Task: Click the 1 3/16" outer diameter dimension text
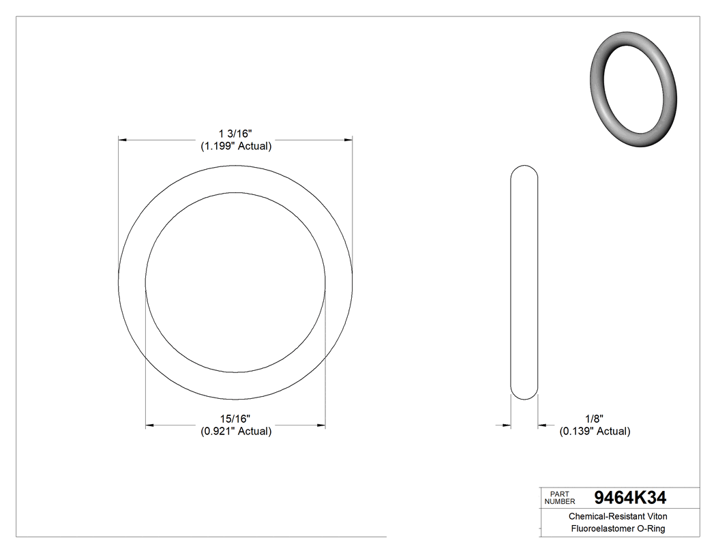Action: tap(235, 132)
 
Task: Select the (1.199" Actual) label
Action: tap(235, 146)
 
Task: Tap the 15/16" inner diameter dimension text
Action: tap(235, 418)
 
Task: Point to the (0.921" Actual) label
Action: tap(235, 431)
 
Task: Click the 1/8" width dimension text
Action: tap(594, 418)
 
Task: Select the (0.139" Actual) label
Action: tap(594, 431)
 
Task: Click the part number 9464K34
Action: tap(630, 497)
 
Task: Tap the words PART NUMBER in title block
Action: tap(560, 498)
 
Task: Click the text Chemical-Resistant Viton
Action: tap(618, 516)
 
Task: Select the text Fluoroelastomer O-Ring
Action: tap(618, 529)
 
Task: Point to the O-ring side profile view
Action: tap(524, 282)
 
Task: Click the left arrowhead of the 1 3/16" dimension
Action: tap(123, 140)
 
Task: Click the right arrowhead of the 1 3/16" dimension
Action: tap(348, 140)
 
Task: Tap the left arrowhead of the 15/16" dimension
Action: tap(150, 426)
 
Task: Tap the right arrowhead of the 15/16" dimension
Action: tap(320, 426)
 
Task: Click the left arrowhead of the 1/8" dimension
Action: tap(507, 426)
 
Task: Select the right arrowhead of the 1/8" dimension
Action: tap(542, 426)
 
